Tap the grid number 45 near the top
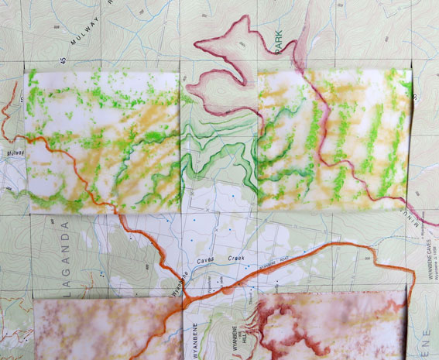pyautogui.click(x=61, y=60)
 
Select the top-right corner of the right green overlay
pyautogui.click(x=410, y=70)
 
